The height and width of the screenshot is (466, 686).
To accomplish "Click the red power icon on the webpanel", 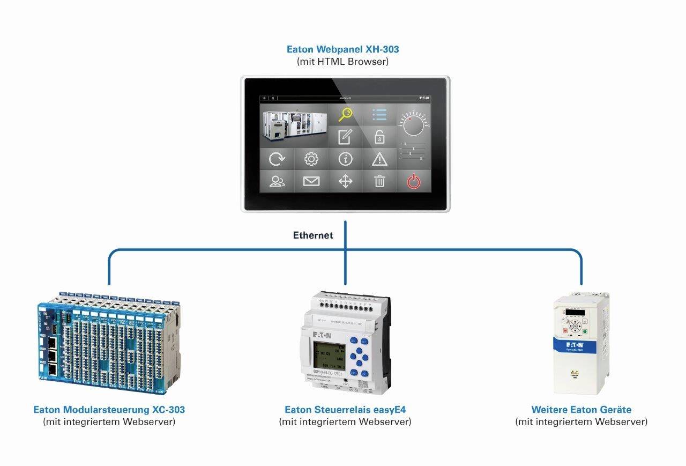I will coord(413,181).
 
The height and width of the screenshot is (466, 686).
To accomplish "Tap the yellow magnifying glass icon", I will coord(346,114).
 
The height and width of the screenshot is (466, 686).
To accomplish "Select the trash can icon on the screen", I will coord(379,181).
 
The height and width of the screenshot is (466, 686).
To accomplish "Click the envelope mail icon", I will coord(311,181).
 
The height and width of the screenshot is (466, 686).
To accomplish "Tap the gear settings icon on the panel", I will coord(311,159).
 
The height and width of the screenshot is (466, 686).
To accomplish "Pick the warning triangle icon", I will coord(379,159).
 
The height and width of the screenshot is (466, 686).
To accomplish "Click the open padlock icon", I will coord(379,137).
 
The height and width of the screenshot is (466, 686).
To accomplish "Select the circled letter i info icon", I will coord(346,159).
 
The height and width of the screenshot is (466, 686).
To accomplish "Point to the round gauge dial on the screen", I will coord(413,122).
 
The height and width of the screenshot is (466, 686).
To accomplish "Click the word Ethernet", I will coord(313,235).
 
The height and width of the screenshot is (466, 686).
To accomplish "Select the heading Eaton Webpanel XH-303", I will coord(342,49).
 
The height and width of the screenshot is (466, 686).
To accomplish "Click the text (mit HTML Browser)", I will coord(342,62).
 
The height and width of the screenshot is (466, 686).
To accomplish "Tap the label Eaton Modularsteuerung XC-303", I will coord(109,410).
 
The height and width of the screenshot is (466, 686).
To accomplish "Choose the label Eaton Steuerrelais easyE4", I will coord(345,410).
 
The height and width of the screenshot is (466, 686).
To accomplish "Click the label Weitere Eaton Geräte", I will coord(581,410).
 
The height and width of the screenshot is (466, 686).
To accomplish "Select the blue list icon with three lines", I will coord(379,114).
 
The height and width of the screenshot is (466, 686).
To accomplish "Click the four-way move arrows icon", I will coord(346,181).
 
